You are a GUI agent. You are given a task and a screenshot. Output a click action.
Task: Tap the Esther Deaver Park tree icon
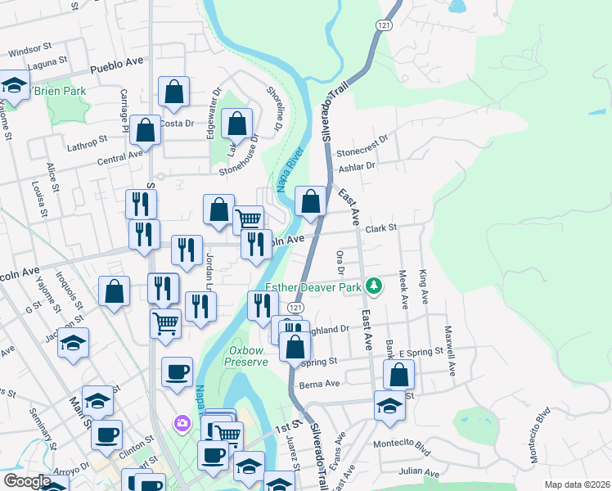click(x=374, y=286)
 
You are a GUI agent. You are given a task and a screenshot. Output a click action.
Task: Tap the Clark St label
click(x=380, y=228)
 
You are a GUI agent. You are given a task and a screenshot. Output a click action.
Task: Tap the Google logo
click(x=26, y=480)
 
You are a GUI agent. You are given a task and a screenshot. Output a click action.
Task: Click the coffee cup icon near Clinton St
click(x=106, y=435)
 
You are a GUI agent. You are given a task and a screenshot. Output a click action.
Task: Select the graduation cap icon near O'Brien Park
click(x=14, y=86)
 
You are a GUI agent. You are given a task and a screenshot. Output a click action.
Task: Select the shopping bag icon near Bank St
click(x=398, y=375)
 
